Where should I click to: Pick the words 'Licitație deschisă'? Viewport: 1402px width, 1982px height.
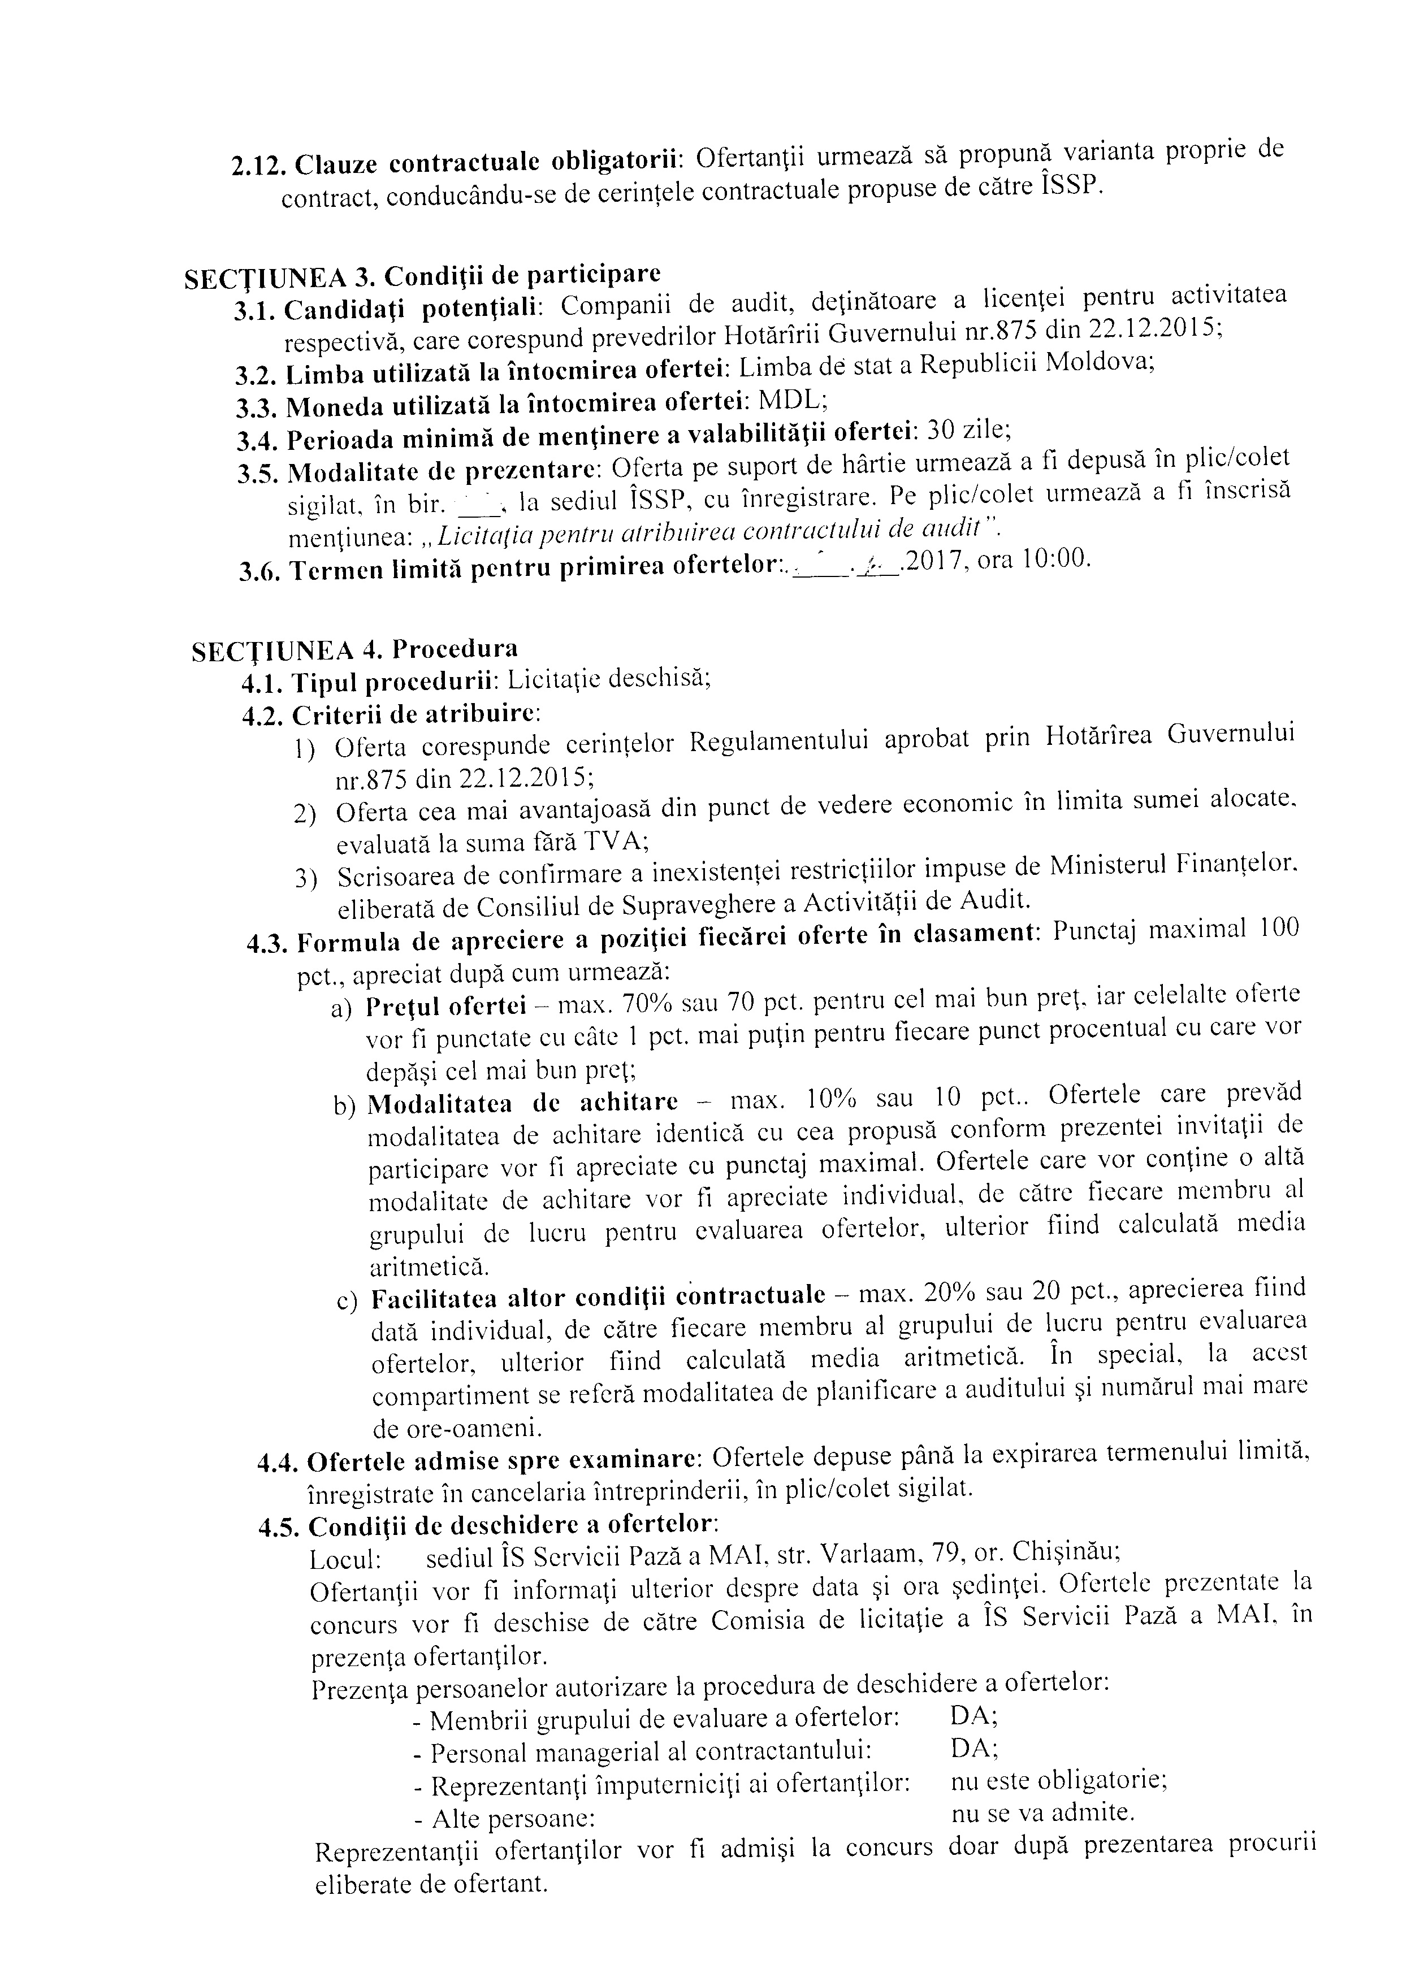coord(609,679)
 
